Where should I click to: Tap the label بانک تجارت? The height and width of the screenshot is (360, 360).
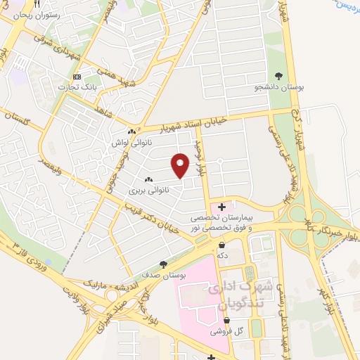[x=77, y=86]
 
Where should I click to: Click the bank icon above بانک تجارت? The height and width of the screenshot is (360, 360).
[x=77, y=76]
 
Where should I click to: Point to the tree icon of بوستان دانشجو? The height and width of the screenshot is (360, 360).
[x=279, y=76]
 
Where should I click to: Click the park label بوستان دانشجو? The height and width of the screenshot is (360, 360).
[x=279, y=87]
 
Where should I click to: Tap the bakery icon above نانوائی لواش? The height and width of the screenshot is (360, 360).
[x=131, y=131]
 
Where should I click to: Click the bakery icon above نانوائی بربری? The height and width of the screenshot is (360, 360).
[x=148, y=180]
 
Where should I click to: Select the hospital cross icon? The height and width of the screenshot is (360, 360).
[x=222, y=207]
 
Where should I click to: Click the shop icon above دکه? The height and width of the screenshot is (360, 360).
[x=222, y=245]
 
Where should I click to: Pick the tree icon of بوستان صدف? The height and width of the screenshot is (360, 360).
[x=163, y=265]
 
